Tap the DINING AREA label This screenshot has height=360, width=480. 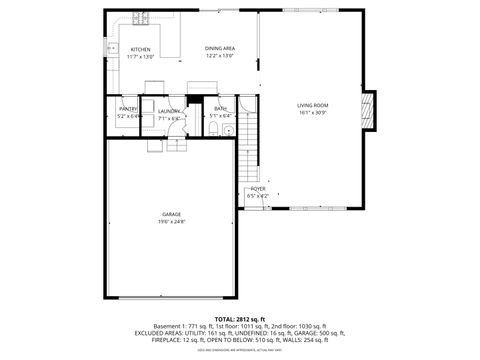[x=220, y=48]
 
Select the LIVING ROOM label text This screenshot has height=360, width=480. [x=312, y=105]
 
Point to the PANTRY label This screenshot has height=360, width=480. [x=128, y=110]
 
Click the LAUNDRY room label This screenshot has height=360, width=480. [x=168, y=111]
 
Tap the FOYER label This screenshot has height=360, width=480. [x=257, y=188]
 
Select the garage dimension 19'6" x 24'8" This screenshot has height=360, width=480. [x=171, y=222]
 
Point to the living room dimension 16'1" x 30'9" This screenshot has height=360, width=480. [x=312, y=113]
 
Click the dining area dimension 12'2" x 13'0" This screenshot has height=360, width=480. [x=220, y=56]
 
